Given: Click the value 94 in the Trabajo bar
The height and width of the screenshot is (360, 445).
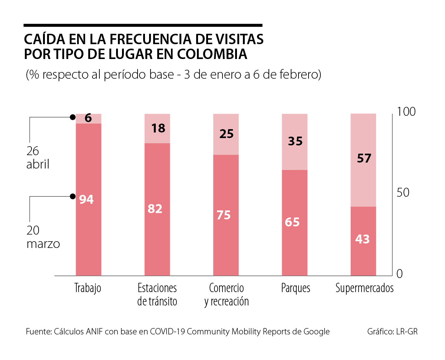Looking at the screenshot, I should [x=86, y=199].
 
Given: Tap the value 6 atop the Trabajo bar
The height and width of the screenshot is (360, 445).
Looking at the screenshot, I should [x=88, y=118].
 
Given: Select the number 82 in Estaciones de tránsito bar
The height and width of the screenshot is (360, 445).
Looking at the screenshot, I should [x=155, y=209].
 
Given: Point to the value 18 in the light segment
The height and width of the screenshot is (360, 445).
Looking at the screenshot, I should [x=158, y=128].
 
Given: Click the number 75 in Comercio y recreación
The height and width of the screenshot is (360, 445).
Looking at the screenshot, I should [x=224, y=215].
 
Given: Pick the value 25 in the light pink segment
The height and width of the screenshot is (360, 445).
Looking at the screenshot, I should [x=227, y=134].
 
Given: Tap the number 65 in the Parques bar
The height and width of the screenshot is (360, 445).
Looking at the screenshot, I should [x=292, y=222].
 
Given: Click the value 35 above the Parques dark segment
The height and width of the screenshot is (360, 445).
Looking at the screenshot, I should [x=295, y=141].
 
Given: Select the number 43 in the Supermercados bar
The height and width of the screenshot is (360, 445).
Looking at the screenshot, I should [x=362, y=239].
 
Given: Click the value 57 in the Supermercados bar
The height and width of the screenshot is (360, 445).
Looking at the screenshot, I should [x=364, y=158].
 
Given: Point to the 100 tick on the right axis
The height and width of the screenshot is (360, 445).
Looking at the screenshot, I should [x=407, y=111].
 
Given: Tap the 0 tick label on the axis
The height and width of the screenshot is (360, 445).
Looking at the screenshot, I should [x=400, y=274].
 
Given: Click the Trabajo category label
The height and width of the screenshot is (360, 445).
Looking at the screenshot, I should [x=88, y=288].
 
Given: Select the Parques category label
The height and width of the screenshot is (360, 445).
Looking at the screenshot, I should [x=296, y=288].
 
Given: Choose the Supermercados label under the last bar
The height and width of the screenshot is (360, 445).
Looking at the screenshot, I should [x=365, y=288].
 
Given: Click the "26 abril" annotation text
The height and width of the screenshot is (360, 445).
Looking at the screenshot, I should [x=37, y=158].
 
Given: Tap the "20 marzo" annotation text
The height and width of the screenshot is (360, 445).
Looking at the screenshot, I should [x=43, y=238].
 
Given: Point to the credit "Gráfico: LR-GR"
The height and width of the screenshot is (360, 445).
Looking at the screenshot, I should [x=392, y=331].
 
